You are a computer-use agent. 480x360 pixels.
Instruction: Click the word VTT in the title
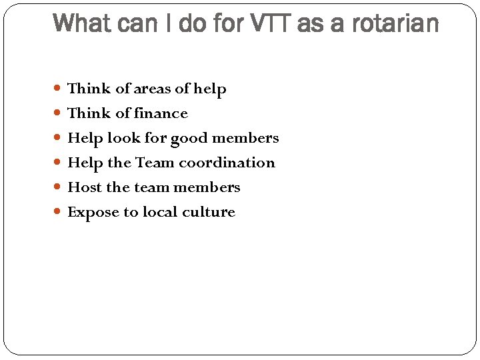(x=269, y=23)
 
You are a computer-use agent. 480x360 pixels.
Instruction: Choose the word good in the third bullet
(x=189, y=139)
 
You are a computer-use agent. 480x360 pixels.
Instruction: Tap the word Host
(x=85, y=187)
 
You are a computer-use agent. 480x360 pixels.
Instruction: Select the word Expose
(x=90, y=213)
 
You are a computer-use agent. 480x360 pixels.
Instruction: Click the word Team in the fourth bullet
(x=154, y=163)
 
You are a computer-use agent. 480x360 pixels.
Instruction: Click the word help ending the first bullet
(x=210, y=89)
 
